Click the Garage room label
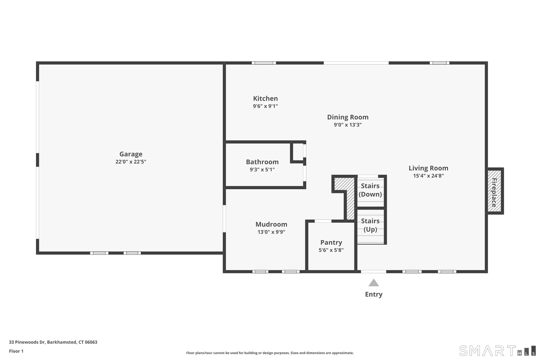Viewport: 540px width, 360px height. coord(131,154)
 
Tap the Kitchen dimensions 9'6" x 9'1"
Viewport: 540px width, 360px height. coord(265,106)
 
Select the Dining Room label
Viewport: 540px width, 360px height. coord(348,117)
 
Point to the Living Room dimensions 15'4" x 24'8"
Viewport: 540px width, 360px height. coord(428,176)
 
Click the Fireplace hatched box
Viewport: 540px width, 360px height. coord(494,191)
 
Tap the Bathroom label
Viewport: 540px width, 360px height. coord(262,162)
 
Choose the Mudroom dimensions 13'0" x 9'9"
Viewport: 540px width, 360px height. coord(271,232)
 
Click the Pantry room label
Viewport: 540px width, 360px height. coord(331,242)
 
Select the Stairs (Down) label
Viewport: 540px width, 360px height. coord(370,190)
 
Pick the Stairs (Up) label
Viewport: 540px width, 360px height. coord(370,225)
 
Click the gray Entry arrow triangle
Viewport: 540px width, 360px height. coord(373,283)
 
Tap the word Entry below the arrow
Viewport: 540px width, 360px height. coord(373,294)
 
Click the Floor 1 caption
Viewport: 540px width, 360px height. coord(16,351)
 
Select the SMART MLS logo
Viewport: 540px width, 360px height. coord(497,351)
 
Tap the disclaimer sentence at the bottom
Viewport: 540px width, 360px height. coord(270,353)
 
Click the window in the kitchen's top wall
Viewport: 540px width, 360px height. coord(264,63)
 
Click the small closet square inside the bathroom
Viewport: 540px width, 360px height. coord(297,152)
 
